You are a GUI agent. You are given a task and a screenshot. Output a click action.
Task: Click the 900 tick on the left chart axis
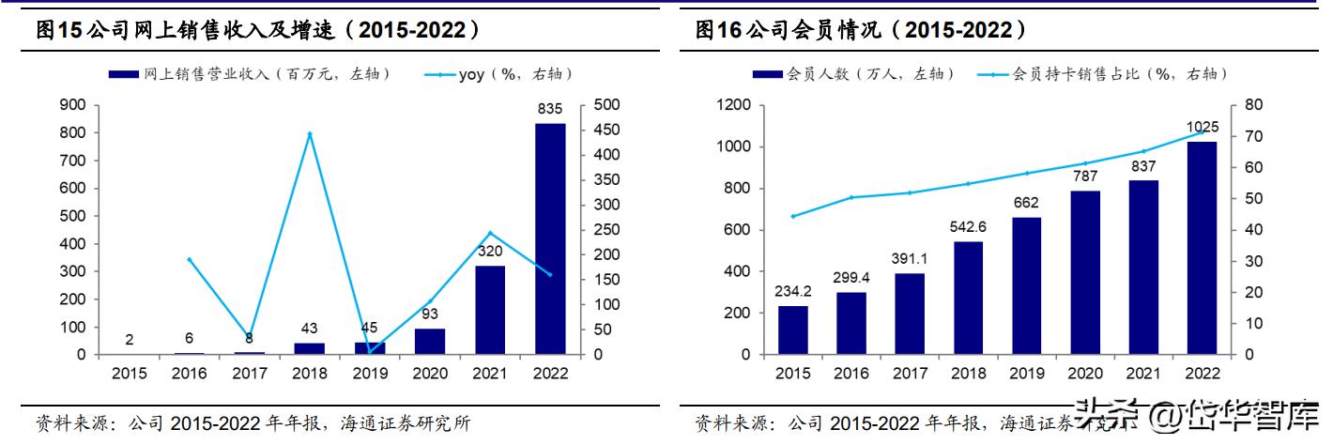[x=74, y=105]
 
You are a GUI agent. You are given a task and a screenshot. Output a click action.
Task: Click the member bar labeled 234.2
[x=793, y=330]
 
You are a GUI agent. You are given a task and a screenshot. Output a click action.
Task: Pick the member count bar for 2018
[x=968, y=298]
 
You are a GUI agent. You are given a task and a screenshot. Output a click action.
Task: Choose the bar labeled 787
[x=1085, y=272]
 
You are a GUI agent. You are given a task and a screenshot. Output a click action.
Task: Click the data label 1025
[x=1202, y=127]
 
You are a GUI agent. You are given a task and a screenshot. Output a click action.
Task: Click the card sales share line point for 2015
[x=793, y=216]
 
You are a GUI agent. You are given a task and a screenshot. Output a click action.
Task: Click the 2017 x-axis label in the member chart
[x=910, y=373]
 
